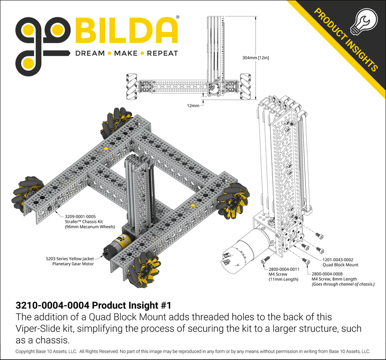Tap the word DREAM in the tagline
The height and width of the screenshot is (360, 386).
click(x=89, y=53)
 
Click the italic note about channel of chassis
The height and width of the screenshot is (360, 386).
click(x=343, y=284)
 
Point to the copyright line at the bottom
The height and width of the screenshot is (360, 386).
click(x=192, y=351)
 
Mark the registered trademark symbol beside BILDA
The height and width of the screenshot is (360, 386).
click(x=178, y=18)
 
